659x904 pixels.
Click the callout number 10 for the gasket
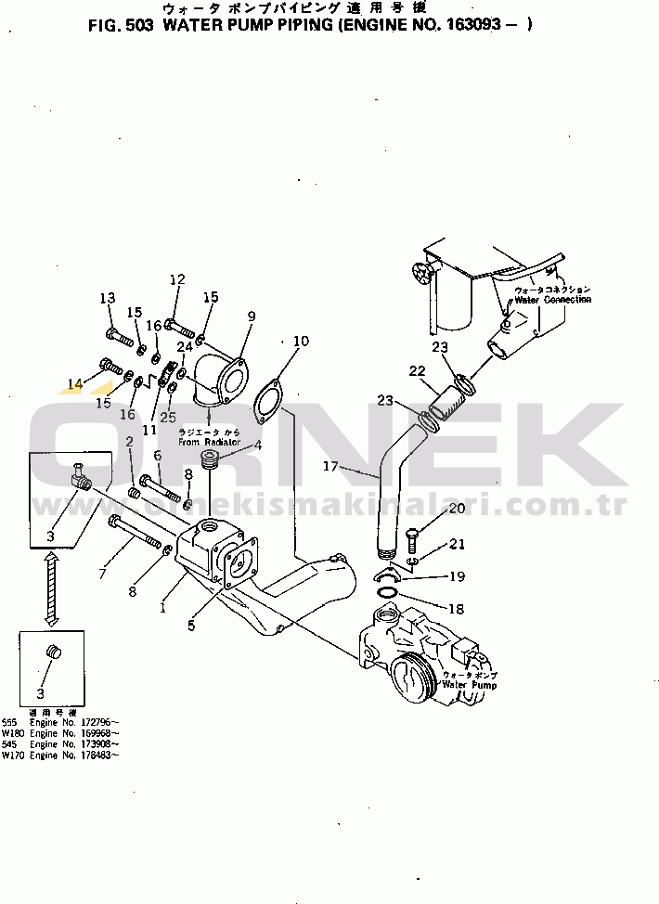pyautogui.click(x=300, y=342)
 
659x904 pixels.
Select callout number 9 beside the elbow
pyautogui.click(x=251, y=316)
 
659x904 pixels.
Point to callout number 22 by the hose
pyautogui.click(x=418, y=371)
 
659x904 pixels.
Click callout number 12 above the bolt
pyautogui.click(x=177, y=279)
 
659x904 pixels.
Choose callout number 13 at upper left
pyautogui.click(x=108, y=298)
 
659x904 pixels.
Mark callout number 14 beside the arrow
pyautogui.click(x=74, y=383)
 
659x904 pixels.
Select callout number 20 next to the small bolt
pyautogui.click(x=457, y=508)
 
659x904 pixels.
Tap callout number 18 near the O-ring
pyautogui.click(x=456, y=611)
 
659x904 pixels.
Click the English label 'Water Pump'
pyautogui.click(x=470, y=685)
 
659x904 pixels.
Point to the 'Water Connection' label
pyautogui.click(x=553, y=300)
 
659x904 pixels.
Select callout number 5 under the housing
pyautogui.click(x=190, y=626)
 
